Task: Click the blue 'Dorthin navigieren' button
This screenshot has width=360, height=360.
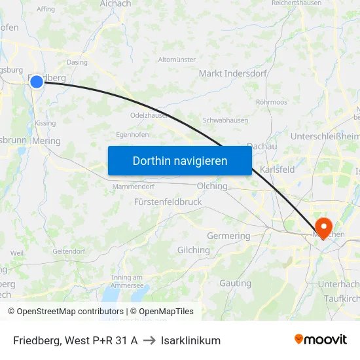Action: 180,160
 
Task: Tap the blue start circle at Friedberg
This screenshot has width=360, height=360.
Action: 37,81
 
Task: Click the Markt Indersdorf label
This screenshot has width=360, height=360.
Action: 232,73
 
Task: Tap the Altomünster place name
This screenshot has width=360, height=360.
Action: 177,60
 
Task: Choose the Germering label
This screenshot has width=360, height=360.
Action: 228,236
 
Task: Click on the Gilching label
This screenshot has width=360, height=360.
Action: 194,250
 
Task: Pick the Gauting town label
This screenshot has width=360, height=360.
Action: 235,283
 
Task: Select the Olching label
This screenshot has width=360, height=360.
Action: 212,186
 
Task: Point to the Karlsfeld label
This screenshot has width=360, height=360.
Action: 277,169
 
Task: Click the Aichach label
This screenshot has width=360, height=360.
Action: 116,4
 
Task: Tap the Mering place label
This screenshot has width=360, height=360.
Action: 46,141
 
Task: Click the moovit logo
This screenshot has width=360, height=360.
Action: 320,340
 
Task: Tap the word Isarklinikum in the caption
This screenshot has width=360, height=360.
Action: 190,340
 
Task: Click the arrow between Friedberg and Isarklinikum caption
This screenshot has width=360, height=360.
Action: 149,340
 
